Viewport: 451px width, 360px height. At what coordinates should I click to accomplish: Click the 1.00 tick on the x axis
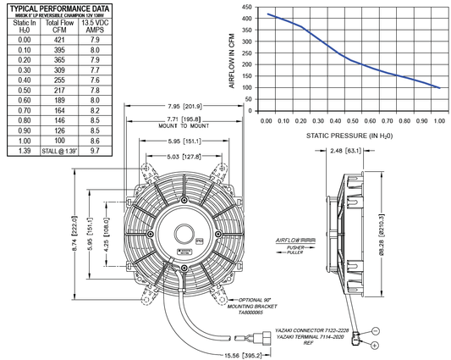click(x=438, y=122)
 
